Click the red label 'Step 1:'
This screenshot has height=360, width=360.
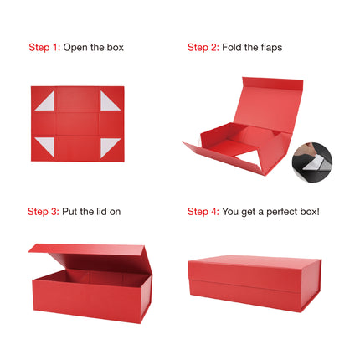coord(44,48)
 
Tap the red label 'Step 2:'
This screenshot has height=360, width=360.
coord(203,48)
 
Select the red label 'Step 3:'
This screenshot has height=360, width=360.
coord(44,212)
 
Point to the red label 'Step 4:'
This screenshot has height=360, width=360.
coord(203,212)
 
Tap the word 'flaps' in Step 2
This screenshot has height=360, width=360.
coord(271,48)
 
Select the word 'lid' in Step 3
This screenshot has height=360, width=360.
coord(101,212)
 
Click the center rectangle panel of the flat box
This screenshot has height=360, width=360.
coord(77,124)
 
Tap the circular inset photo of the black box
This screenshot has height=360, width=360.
coord(312,162)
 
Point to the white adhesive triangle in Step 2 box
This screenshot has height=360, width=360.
coord(249,160)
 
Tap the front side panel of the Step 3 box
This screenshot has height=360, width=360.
coord(86,301)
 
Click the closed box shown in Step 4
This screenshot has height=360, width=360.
coord(255,283)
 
